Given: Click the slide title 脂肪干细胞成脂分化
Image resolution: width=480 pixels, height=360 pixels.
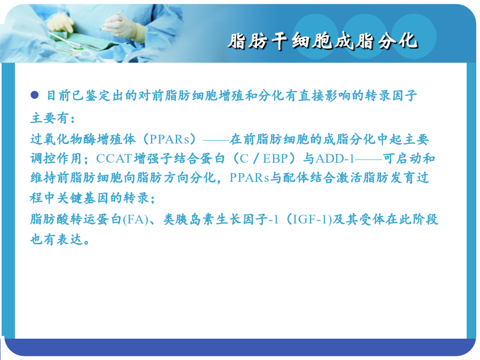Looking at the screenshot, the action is [x=323, y=41].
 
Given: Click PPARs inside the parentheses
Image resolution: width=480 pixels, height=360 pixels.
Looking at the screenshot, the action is [x=170, y=139].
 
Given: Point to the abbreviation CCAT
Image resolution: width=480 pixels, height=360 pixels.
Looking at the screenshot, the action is [x=114, y=158].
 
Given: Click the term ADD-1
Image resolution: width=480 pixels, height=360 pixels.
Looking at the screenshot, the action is [x=335, y=158].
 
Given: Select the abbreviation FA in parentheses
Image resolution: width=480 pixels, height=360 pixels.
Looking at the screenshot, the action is [x=135, y=220].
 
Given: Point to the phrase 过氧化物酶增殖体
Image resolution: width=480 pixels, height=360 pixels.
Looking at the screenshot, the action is [x=83, y=139].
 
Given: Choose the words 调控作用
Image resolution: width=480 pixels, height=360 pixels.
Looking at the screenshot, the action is [x=56, y=158].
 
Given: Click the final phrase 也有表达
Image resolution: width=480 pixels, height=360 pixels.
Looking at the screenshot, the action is [x=56, y=239].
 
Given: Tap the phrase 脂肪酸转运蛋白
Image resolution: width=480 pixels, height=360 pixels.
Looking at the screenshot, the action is [x=76, y=220].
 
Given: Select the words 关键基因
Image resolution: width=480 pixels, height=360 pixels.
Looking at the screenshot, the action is [x=83, y=198].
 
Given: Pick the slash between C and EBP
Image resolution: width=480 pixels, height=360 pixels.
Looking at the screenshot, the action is [x=256, y=158].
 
